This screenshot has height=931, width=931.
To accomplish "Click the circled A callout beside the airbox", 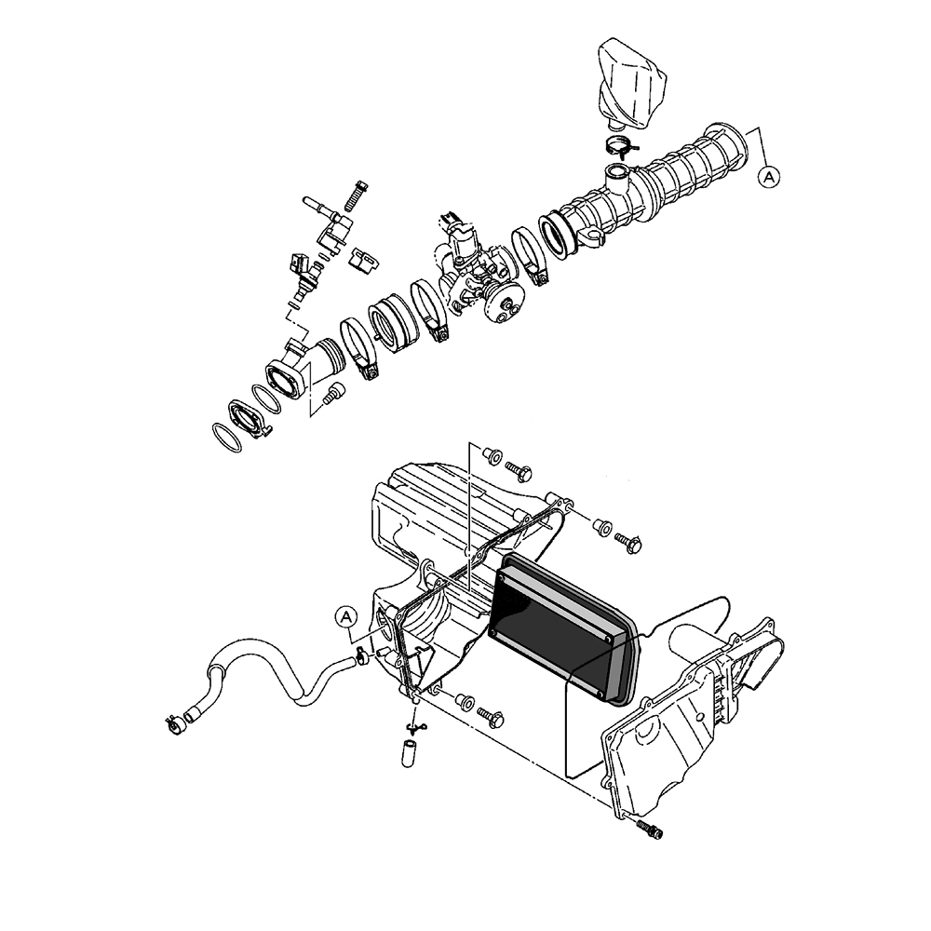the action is tap(345, 617).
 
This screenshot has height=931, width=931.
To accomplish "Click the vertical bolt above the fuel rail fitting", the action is tap(355, 196).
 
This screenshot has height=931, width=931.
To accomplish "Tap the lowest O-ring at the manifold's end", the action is tap(226, 438).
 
